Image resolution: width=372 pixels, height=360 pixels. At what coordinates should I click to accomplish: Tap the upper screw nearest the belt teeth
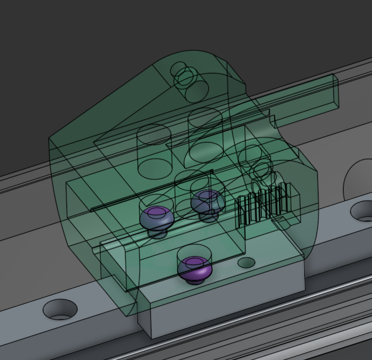click(207, 202)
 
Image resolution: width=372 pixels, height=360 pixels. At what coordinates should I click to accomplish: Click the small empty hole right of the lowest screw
click(246, 263)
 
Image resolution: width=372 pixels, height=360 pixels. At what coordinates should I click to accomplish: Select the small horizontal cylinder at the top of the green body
click(188, 78)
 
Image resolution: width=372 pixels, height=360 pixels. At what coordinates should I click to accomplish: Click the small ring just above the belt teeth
click(259, 169)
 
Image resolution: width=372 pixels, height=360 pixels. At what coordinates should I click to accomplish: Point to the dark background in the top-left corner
click(26, 26)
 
